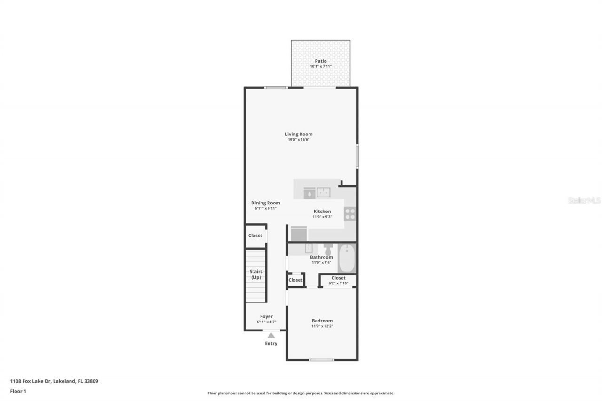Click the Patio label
point(321,61)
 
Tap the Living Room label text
point(299,134)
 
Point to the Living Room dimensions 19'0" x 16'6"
point(299,140)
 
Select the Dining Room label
point(265,203)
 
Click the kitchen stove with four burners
point(350,214)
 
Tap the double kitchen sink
point(323,192)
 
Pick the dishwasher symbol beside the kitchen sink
point(309,193)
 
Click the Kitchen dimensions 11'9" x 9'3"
point(322,217)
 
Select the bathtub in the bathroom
point(347,258)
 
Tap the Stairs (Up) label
point(256,275)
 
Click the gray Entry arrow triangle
point(271,335)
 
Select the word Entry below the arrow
point(271,344)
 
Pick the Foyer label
point(266,317)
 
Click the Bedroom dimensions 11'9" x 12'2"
point(322,326)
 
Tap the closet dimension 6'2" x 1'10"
point(338,283)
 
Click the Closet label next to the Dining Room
point(255,236)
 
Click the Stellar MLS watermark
point(584,201)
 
